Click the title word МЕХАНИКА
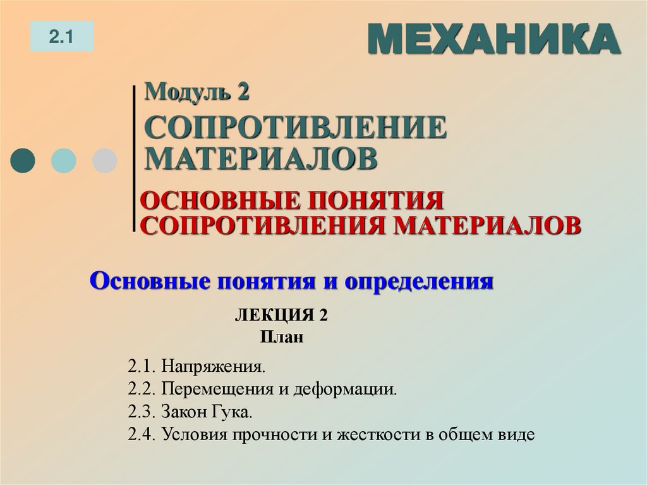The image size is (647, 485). [x=493, y=39]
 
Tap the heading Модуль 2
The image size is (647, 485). [x=197, y=92]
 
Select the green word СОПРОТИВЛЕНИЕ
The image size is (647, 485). [x=296, y=128]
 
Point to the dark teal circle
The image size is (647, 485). [x=23, y=160]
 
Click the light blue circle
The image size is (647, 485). [x=63, y=160]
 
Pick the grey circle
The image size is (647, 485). [x=104, y=160]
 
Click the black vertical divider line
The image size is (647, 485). [x=135, y=158]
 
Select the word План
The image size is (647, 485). [x=281, y=337]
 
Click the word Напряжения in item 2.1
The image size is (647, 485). [x=213, y=366]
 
